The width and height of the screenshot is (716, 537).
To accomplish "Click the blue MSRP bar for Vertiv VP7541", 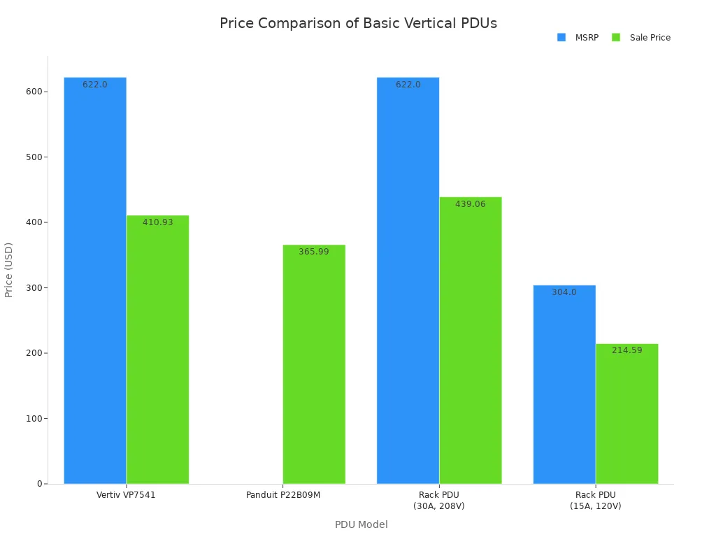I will click(x=95, y=280).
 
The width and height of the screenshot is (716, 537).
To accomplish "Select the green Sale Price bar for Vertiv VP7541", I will click(x=157, y=350).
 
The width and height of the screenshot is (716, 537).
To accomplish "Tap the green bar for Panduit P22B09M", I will click(x=314, y=364).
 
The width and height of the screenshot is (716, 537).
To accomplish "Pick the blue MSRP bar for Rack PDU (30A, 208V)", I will click(x=408, y=280).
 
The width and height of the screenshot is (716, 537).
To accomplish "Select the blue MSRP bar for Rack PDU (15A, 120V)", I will click(x=564, y=385).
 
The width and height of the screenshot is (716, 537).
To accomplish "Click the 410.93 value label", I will click(x=158, y=222).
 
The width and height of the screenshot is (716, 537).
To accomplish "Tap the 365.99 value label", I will click(x=314, y=252).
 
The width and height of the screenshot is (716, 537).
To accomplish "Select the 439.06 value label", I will click(x=471, y=204).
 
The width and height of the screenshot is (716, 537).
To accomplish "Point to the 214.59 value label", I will click(x=626, y=350).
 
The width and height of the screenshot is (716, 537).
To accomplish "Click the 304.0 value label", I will click(x=564, y=292).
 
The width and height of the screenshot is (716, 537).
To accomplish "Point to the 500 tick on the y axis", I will click(x=34, y=157).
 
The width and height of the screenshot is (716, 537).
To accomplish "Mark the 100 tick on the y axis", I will click(x=34, y=418).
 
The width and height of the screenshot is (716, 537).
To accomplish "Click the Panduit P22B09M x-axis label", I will click(x=283, y=495).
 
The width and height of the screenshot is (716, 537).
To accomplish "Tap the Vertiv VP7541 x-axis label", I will click(x=126, y=495).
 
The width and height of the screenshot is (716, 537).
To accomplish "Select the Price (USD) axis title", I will click(x=9, y=270).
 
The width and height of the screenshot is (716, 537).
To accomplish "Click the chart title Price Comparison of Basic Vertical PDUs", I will click(x=358, y=23).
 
